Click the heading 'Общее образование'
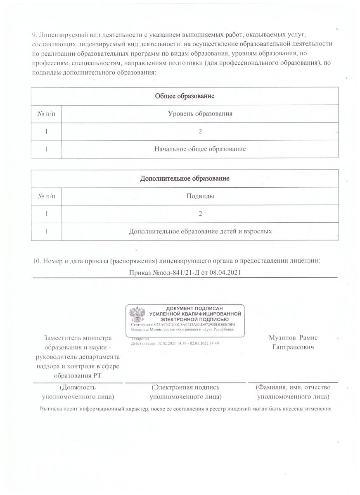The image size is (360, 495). (185, 96)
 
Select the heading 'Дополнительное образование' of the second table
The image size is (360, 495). (185, 179)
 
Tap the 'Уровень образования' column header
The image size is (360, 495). (200, 113)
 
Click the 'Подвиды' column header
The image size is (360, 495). (200, 196)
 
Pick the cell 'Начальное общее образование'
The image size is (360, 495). (200, 148)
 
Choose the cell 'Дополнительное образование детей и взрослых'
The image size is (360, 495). (200, 231)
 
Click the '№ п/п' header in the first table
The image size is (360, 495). (46, 113)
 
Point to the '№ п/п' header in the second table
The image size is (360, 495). (46, 196)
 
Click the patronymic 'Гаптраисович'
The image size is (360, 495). (293, 347)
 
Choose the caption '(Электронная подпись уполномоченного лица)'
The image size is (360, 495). (185, 392)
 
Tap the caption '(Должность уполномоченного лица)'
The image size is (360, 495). (78, 392)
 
